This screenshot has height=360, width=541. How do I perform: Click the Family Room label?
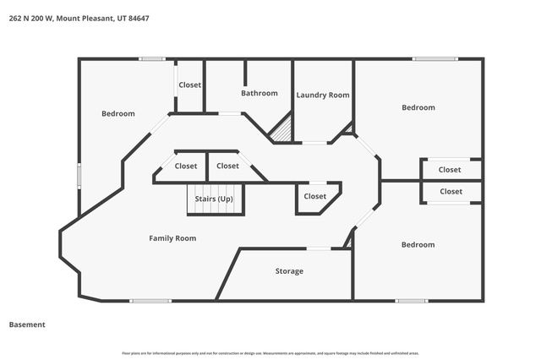pyautogui.click(x=172, y=238)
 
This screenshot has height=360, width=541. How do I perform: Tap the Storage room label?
pyautogui.click(x=289, y=271)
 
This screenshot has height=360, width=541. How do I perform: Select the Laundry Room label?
pyautogui.click(x=323, y=95)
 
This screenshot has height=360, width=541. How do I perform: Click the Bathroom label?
pyautogui.click(x=259, y=93)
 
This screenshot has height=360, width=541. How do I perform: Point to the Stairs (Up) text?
pyautogui.click(x=214, y=199)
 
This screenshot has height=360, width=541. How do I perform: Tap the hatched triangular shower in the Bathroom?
pyautogui.click(x=283, y=131)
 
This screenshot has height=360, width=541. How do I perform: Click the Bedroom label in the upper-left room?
pyautogui.click(x=118, y=113)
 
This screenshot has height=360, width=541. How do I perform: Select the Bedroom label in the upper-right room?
pyautogui.click(x=418, y=107)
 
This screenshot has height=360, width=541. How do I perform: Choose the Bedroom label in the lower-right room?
pyautogui.click(x=418, y=244)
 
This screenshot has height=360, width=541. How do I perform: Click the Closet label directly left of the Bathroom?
pyautogui.click(x=189, y=85)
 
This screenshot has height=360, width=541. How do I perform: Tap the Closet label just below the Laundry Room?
pyautogui.click(x=314, y=196)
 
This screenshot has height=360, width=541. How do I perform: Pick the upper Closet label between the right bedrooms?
pyautogui.click(x=450, y=169)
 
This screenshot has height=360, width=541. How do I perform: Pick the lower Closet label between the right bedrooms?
pyautogui.click(x=450, y=192)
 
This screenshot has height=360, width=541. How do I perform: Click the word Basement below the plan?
pyautogui.click(x=27, y=325)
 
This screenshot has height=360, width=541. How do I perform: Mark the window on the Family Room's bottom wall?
pyautogui.click(x=150, y=300)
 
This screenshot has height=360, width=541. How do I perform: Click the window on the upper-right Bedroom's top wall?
pyautogui.click(x=435, y=58)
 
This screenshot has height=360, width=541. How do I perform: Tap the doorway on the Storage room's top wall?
pyautogui.click(x=319, y=248)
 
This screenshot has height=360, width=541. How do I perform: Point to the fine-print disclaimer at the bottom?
pyautogui.click(x=270, y=352)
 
